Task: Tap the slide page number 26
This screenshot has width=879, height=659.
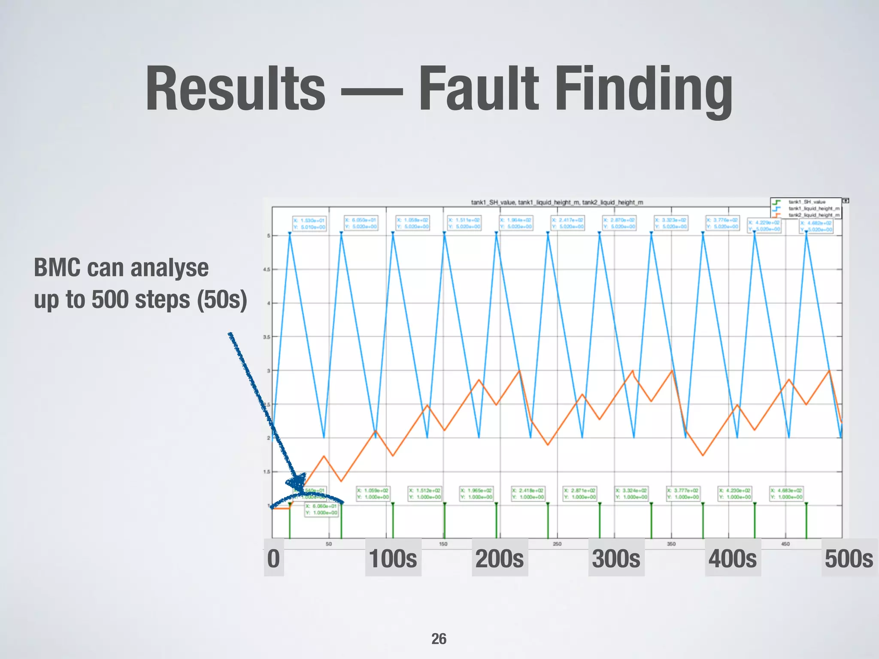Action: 439,639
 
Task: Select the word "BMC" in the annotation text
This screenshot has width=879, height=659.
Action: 57,268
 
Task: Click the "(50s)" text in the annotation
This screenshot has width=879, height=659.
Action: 222,299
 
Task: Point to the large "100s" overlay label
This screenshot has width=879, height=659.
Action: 393,559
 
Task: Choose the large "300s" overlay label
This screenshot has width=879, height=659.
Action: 616,559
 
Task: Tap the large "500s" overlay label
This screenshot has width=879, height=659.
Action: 849,559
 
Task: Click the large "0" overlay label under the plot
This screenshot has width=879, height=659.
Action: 273,559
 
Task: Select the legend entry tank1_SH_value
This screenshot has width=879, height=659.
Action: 806,202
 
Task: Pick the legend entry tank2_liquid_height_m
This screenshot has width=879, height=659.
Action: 813,215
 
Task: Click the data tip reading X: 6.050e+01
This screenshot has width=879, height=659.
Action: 361,223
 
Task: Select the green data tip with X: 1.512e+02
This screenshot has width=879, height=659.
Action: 425,494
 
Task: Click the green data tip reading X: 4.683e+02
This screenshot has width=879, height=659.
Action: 786,494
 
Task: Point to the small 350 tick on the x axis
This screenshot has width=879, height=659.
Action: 671,544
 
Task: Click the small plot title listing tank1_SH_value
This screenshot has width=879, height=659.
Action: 557,202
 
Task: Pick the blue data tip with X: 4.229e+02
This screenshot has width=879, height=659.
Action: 764,226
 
